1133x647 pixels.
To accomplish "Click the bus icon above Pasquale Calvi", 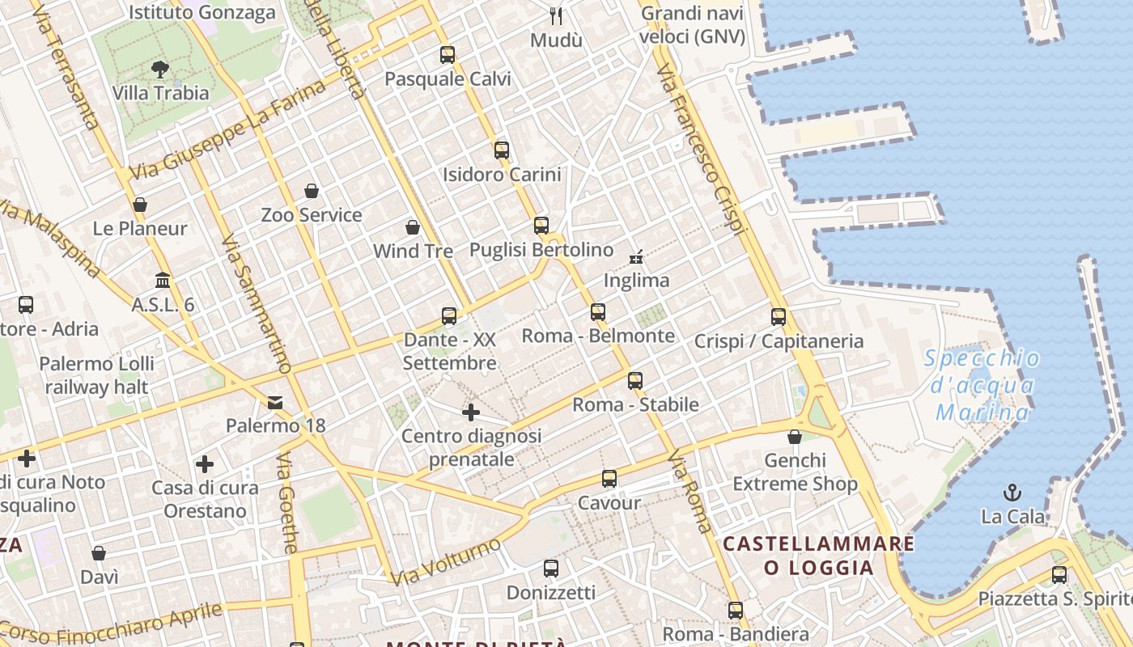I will [x=448, y=55].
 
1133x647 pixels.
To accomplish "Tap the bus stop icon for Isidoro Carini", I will [x=502, y=150].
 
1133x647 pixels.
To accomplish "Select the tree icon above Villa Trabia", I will [x=160, y=69].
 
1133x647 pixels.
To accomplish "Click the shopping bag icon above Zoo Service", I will [x=312, y=191].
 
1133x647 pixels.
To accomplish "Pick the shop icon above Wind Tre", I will [x=413, y=227].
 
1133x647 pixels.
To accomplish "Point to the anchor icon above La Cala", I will [x=1012, y=492].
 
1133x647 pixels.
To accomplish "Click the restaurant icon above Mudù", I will [x=556, y=15].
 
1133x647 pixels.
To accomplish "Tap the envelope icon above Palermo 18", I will [x=275, y=402].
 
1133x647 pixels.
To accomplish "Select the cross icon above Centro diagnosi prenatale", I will [x=471, y=412].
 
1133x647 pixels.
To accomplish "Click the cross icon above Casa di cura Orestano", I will [x=205, y=464].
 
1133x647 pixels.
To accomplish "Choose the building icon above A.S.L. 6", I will [x=163, y=281].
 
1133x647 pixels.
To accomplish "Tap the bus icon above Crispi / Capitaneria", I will [x=779, y=317].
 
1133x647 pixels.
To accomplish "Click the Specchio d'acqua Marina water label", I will [x=982, y=386].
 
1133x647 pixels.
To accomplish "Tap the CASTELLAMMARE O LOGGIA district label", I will [x=819, y=555].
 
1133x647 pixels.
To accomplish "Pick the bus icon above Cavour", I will [x=609, y=479].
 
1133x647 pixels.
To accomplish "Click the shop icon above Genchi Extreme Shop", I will [x=795, y=437].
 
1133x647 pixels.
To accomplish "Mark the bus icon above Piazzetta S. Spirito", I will [x=1059, y=575].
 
